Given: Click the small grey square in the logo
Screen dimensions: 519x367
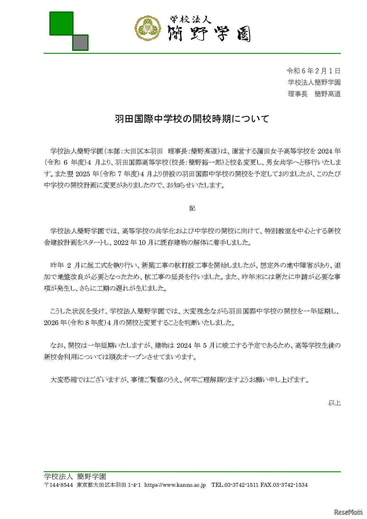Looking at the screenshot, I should pos(80,42).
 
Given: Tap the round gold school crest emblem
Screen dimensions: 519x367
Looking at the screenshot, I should pos(148,28).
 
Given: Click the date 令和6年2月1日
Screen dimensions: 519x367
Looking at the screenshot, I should pos(313,71).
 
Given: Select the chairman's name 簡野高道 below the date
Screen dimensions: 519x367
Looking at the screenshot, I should pos(327,94).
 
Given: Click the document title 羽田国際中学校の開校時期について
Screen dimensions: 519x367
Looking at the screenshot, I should pos(192,119).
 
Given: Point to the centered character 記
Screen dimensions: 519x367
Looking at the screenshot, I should pos(192,208).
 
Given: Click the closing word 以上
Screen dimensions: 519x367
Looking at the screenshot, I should pos(334,402).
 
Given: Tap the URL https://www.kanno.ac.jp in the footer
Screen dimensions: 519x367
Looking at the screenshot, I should pos(175,485).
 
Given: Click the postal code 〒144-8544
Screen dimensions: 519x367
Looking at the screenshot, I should pos(58,485).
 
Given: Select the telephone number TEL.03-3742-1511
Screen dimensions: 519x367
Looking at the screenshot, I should pos(235,485).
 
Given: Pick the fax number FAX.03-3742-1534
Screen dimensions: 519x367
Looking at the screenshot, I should pos(284,485).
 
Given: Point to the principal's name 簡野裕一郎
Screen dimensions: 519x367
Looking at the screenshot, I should pos(205,162).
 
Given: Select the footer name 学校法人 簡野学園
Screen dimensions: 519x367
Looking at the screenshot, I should pos(75,476).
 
